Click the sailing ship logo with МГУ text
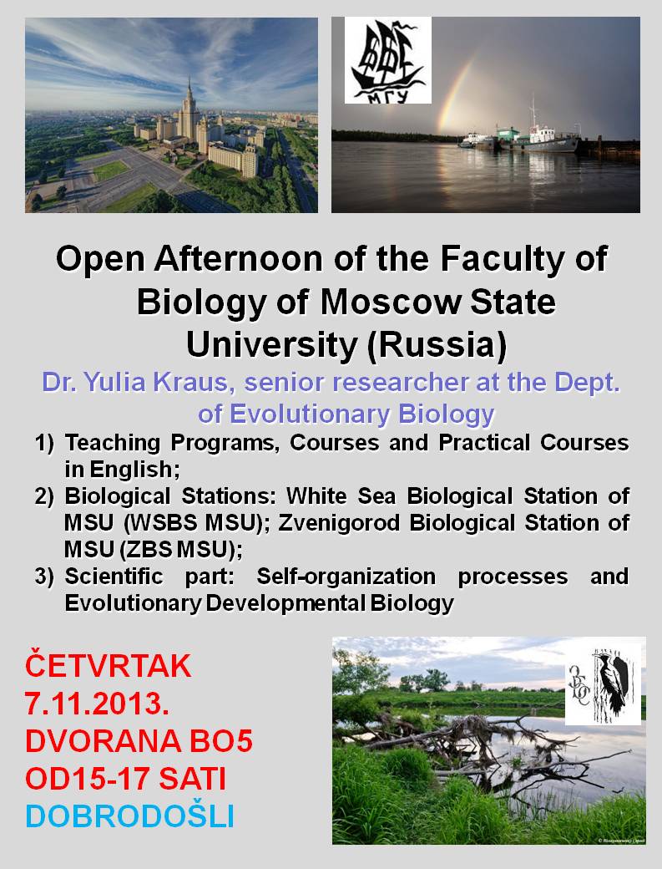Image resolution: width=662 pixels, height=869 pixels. tap(388, 60)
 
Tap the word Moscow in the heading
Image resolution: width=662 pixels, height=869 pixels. tap(390, 302)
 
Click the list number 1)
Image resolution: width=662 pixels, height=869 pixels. tap(44, 443)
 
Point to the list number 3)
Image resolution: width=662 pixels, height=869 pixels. tap(44, 577)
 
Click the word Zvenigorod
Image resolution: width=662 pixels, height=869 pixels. tap(340, 523)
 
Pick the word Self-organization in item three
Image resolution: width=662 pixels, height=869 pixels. tap(346, 577)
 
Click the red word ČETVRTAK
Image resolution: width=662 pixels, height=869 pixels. tap(108, 666)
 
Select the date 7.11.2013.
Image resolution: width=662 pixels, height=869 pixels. tap(97, 704)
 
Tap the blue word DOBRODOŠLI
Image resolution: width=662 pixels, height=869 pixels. tap(130, 816)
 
